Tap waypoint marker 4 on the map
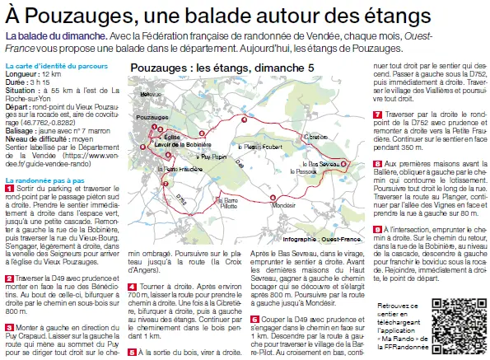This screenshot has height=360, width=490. [x=244, y=119]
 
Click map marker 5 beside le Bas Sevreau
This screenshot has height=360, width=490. [x=345, y=165]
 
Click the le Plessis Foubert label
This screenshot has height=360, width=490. [x=259, y=146]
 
